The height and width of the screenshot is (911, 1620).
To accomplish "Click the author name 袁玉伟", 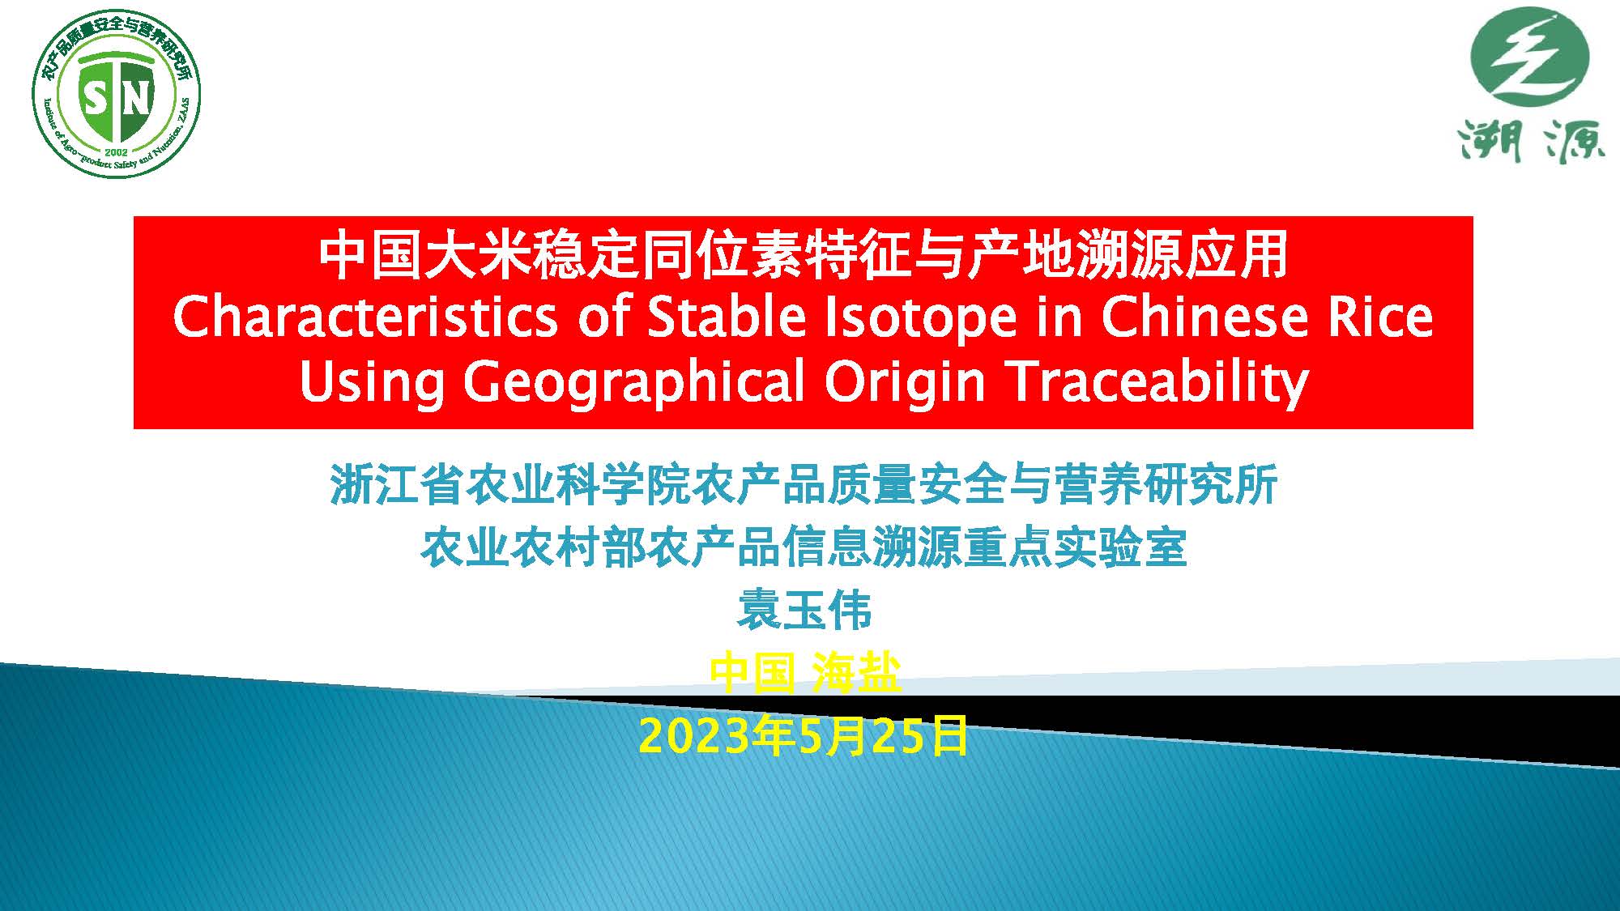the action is click(x=804, y=611).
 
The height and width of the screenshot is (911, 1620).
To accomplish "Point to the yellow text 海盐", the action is click(x=857, y=673).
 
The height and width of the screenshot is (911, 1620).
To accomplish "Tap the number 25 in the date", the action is click(x=900, y=737).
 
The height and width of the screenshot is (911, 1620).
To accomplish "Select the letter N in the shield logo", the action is click(x=136, y=99).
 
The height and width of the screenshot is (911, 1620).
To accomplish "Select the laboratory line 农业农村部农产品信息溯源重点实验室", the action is click(x=804, y=547).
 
